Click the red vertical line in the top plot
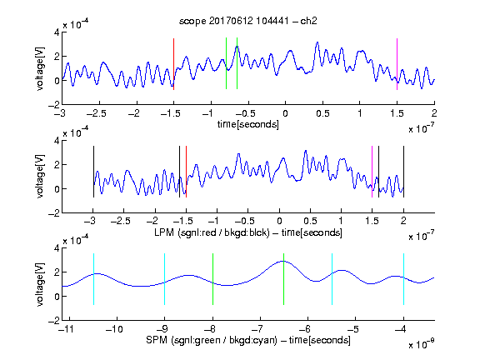(173, 64)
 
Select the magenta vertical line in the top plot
(397, 64)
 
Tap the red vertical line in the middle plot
(186, 172)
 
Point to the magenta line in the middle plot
(372, 172)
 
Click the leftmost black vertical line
(93, 172)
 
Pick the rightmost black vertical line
(403, 172)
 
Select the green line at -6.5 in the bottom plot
(284, 279)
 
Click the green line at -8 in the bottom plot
(212, 279)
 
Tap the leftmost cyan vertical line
(93, 279)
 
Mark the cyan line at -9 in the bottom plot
(164, 279)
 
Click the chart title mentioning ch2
(248, 21)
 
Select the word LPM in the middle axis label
(164, 232)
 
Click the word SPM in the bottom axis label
(156, 340)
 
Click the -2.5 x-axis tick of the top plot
(96, 113)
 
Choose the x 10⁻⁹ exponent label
(422, 344)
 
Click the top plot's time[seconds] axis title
(248, 124)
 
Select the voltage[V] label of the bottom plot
(40, 284)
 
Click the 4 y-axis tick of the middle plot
(57, 140)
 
